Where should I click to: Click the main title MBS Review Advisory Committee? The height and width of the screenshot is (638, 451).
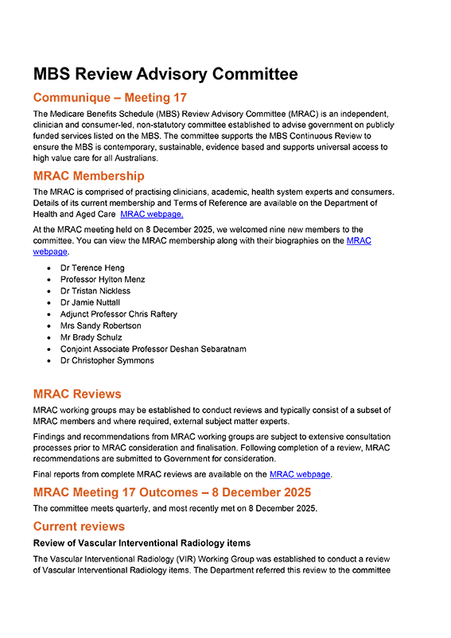pyautogui.click(x=165, y=74)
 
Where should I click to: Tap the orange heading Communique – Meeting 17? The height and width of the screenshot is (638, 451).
pyautogui.click(x=110, y=98)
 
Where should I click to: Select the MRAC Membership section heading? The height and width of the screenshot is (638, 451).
pyautogui.click(x=88, y=176)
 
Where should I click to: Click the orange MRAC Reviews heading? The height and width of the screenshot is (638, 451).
pyautogui.click(x=77, y=394)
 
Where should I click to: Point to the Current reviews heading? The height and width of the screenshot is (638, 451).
pyautogui.click(x=79, y=527)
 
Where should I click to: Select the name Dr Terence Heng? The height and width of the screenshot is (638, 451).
pyautogui.click(x=92, y=268)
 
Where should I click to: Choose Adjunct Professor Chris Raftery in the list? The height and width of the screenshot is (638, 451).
pyautogui.click(x=119, y=314)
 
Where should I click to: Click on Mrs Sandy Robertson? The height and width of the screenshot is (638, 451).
pyautogui.click(x=100, y=326)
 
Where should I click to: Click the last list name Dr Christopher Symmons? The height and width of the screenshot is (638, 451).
pyautogui.click(x=107, y=360)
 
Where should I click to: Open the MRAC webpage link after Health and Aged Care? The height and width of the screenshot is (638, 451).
pyautogui.click(x=152, y=215)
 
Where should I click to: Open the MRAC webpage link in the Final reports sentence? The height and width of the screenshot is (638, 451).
pyautogui.click(x=300, y=474)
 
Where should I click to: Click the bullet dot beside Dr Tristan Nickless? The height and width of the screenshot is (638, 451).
pyautogui.click(x=49, y=292)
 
